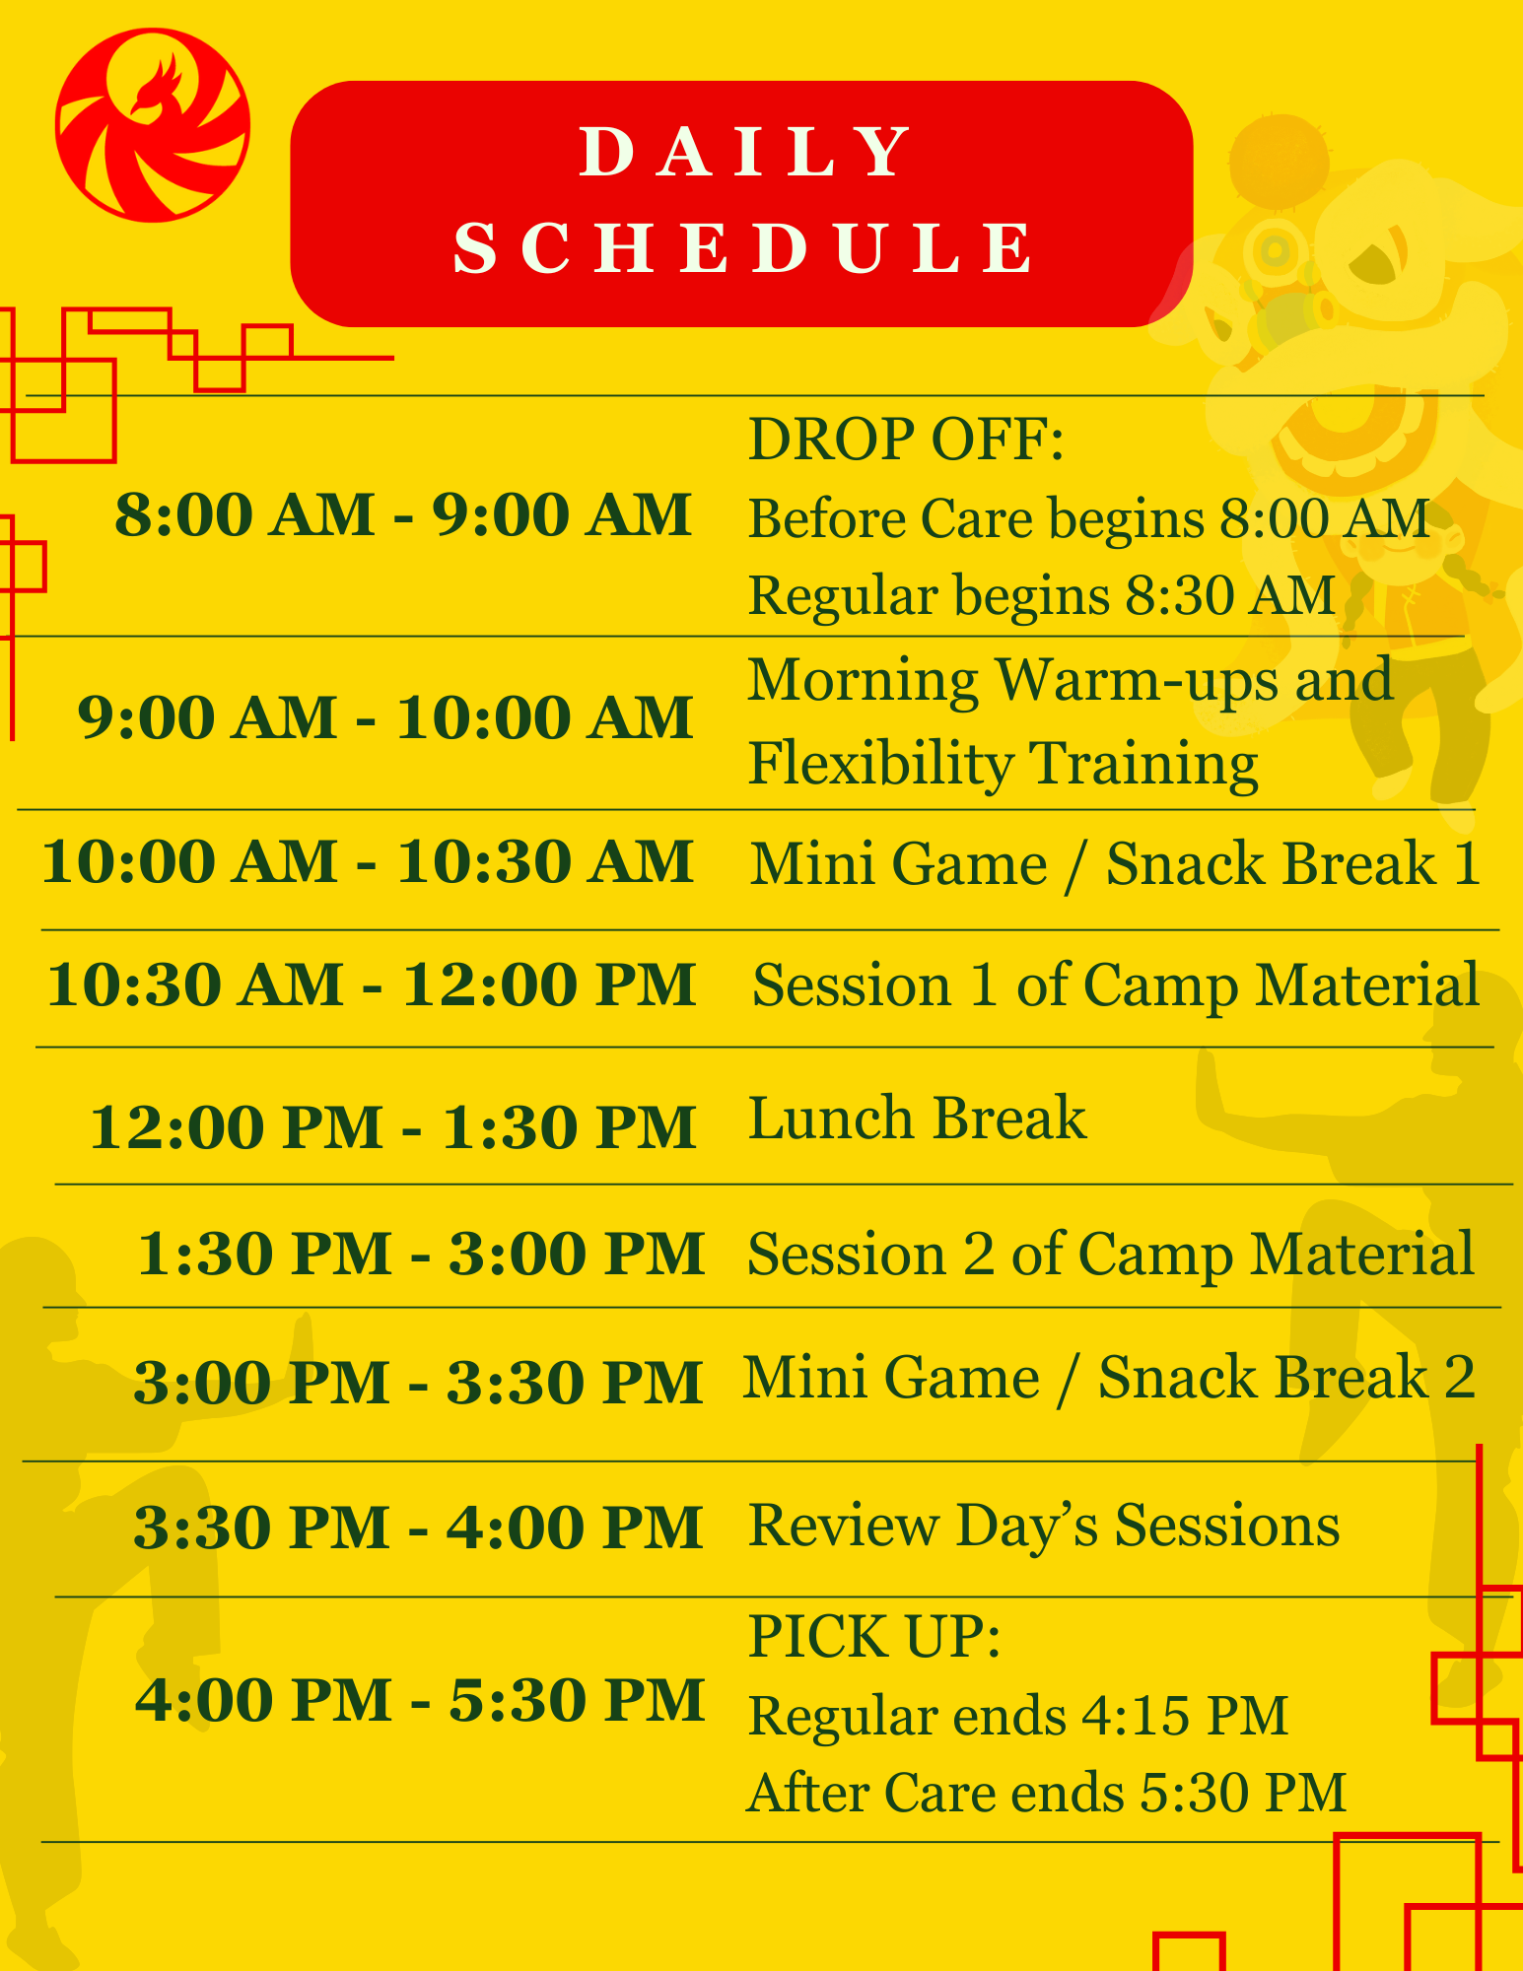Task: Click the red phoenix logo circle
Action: click(153, 125)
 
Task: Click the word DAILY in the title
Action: click(744, 153)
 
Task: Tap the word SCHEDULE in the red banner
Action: click(744, 247)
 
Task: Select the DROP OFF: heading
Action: click(906, 440)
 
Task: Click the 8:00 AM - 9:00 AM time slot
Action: click(403, 514)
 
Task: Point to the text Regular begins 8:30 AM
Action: click(1042, 596)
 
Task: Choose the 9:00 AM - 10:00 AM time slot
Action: click(385, 716)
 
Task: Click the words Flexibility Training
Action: click(1003, 765)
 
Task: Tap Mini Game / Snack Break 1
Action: click(1115, 864)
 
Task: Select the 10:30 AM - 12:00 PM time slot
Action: click(372, 985)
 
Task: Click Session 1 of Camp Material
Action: click(1116, 985)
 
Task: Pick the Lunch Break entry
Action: click(918, 1119)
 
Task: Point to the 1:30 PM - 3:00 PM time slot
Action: click(421, 1254)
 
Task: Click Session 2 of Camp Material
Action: click(1111, 1255)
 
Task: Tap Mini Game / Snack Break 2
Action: click(1109, 1377)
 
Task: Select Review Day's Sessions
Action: click(1044, 1527)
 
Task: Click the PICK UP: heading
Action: click(874, 1637)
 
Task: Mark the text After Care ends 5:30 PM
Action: click(1047, 1793)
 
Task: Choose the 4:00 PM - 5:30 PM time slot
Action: click(420, 1700)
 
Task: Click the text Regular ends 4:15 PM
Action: click(1018, 1716)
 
